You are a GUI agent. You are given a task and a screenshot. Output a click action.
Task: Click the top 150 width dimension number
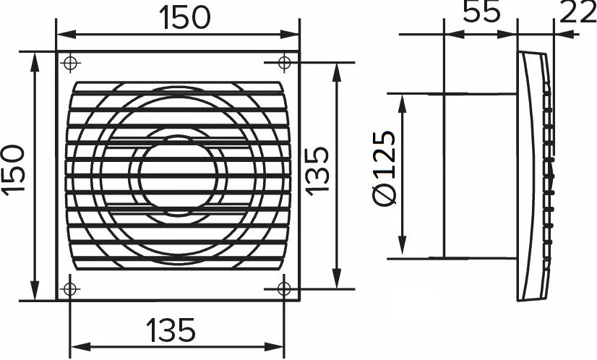pos(184,18)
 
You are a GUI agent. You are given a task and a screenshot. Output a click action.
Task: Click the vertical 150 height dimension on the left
pos(14,171)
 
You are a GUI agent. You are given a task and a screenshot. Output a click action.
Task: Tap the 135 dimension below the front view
pos(171,330)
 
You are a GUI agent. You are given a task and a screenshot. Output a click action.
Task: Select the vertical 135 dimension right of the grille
pos(317,171)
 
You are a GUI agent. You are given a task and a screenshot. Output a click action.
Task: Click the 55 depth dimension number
pos(481,12)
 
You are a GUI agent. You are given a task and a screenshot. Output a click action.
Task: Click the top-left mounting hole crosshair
pos(69,62)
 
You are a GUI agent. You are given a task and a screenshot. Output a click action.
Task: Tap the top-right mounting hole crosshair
pos(285,62)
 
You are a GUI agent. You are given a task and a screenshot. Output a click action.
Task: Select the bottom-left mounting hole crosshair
pos(69,289)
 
